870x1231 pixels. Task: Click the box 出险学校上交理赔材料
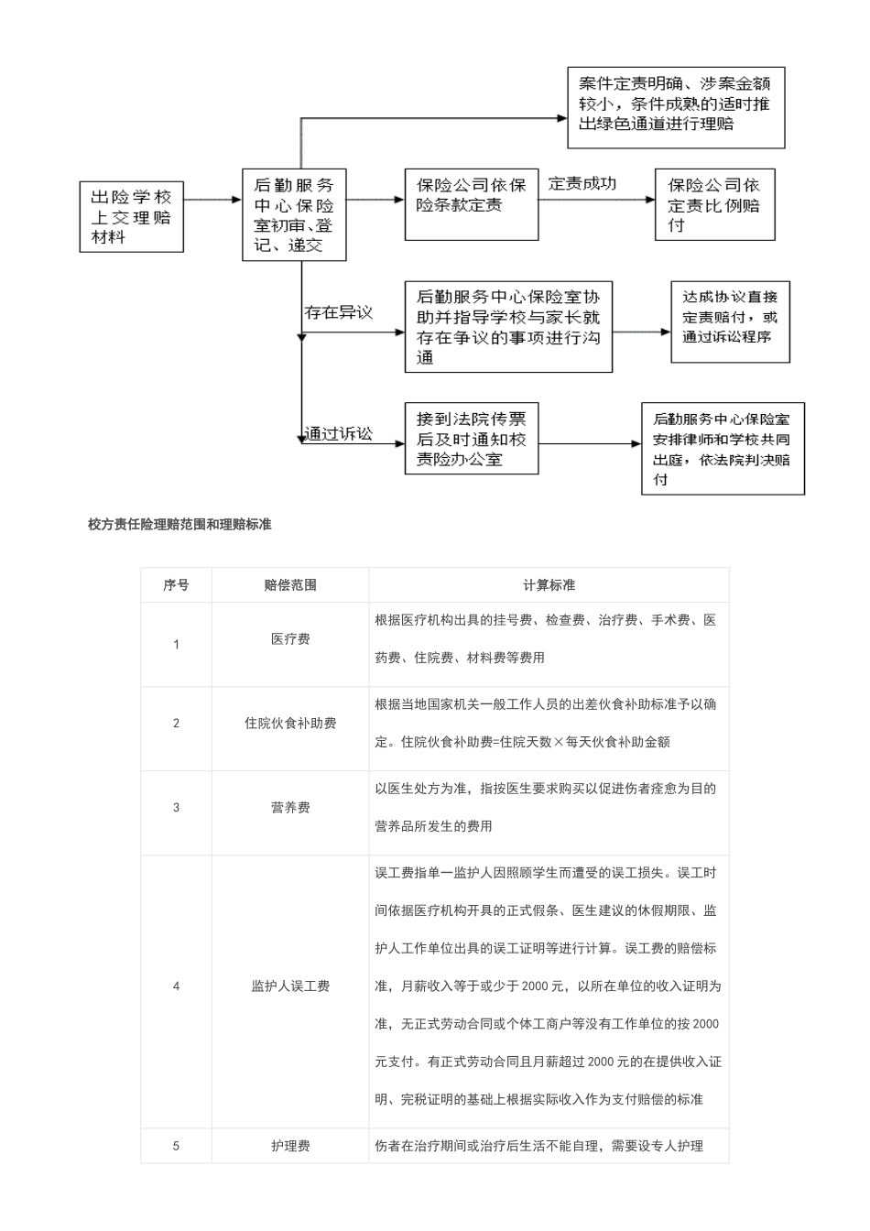tap(131, 216)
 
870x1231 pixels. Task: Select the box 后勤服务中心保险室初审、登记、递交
tap(294, 215)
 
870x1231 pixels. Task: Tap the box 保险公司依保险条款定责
tap(471, 204)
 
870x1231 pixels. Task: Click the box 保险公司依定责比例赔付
tap(714, 205)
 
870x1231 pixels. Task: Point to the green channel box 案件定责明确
tap(675, 108)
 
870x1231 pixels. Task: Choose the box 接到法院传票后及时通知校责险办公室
tap(471, 439)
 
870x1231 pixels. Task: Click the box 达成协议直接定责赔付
tap(730, 321)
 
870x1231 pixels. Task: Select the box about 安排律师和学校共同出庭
tap(723, 449)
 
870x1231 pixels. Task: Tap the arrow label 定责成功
tap(582, 183)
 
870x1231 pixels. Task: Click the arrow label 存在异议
tap(339, 312)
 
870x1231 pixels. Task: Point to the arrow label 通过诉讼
tap(339, 433)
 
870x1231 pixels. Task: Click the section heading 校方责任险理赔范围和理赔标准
tap(179, 525)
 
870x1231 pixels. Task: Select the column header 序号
tap(176, 584)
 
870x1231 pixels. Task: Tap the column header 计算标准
tap(549, 584)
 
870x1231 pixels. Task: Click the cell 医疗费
tap(290, 639)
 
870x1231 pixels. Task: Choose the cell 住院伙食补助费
tap(290, 724)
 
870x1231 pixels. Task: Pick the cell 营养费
tap(290, 808)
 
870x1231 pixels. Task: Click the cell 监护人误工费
tap(290, 986)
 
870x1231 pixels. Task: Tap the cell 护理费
tap(290, 1146)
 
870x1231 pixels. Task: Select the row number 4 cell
tap(176, 986)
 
